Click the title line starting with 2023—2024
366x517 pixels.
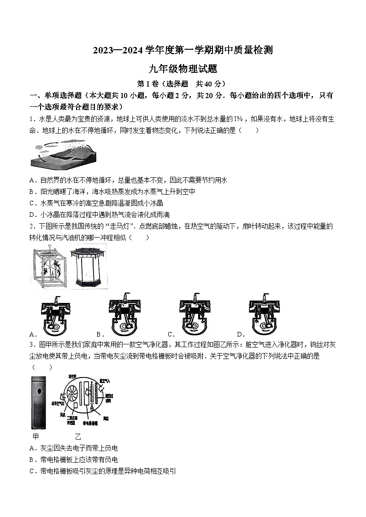click(x=183, y=50)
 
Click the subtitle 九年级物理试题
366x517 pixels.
click(x=183, y=69)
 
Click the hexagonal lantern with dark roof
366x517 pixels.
click(x=88, y=267)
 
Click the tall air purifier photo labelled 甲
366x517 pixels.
click(x=39, y=402)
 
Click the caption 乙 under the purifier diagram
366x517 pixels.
click(x=77, y=436)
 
